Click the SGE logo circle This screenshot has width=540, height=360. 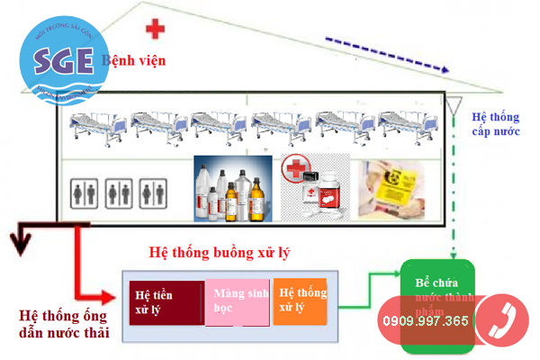pyautogui.click(x=58, y=59)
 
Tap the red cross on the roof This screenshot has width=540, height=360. pyautogui.click(x=156, y=30)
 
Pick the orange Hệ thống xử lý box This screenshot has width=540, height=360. pyautogui.click(x=300, y=300)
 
